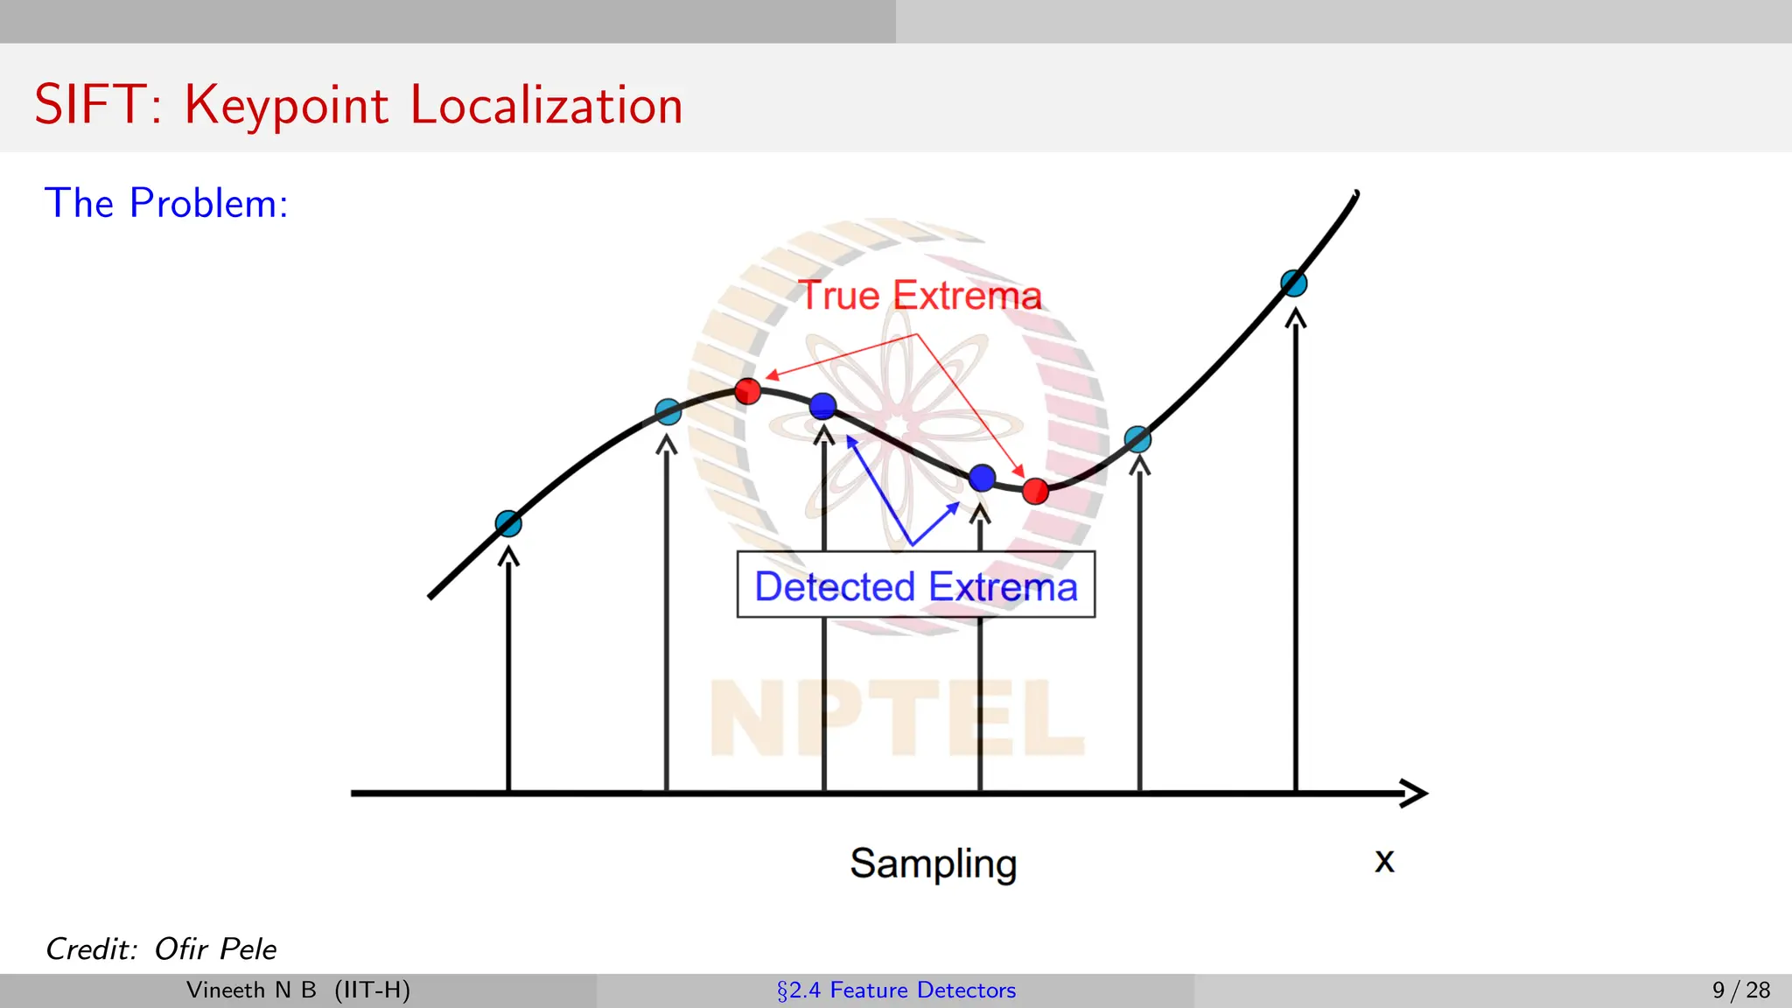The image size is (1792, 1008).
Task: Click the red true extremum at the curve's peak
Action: pyautogui.click(x=747, y=390)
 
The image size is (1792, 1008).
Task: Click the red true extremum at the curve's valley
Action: pyautogui.click(x=1035, y=491)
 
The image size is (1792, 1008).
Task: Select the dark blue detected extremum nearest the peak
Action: pyautogui.click(x=822, y=406)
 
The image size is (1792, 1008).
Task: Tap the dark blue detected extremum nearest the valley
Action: pyautogui.click(x=982, y=478)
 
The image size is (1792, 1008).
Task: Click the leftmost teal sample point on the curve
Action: pyautogui.click(x=508, y=523)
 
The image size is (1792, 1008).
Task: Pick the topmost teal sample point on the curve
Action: pyautogui.click(x=1293, y=283)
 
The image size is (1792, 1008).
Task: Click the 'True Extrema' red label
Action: pyautogui.click(x=920, y=296)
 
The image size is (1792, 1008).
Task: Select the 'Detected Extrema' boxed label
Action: pyautogui.click(x=915, y=585)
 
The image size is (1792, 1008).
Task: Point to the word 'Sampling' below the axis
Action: pyautogui.click(x=933, y=864)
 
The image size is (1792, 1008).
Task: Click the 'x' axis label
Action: pyautogui.click(x=1383, y=860)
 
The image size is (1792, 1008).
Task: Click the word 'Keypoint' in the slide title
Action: pyautogui.click(x=286, y=105)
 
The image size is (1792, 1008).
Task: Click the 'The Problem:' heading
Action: pyautogui.click(x=166, y=203)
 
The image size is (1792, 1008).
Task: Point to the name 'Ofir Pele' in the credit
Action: pyautogui.click(x=215, y=948)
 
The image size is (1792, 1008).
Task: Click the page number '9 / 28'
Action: pyautogui.click(x=1740, y=990)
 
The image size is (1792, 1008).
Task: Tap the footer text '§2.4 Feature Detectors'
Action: pyautogui.click(x=896, y=990)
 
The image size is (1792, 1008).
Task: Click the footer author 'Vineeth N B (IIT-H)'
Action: pyautogui.click(x=298, y=990)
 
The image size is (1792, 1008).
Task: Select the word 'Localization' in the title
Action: pyautogui.click(x=546, y=105)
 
